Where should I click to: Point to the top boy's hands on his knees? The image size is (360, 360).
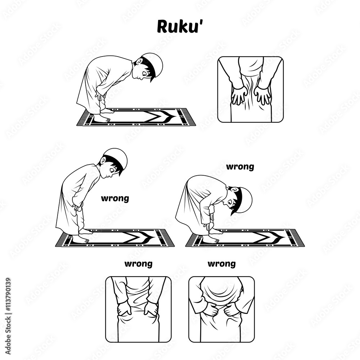tap(99, 97)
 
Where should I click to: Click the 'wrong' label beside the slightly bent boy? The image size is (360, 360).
tap(115, 198)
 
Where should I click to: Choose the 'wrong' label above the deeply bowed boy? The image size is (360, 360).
tap(240, 167)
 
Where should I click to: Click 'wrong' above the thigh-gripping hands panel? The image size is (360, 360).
tap(138, 264)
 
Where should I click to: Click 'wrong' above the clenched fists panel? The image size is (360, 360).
tap(221, 264)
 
